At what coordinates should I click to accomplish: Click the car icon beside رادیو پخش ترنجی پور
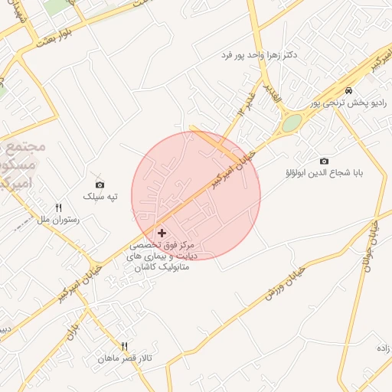click(x=349, y=91)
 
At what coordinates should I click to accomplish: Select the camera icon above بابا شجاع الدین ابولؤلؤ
click(x=324, y=161)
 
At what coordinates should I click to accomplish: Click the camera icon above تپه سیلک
click(x=100, y=185)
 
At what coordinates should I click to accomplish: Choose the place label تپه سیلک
click(x=100, y=197)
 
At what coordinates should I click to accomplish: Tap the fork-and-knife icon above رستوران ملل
click(x=58, y=207)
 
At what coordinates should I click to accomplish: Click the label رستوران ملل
click(x=58, y=220)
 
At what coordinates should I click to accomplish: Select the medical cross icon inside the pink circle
click(x=162, y=232)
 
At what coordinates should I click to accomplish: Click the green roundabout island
click(x=292, y=123)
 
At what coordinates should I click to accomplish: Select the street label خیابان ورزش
click(x=286, y=283)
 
